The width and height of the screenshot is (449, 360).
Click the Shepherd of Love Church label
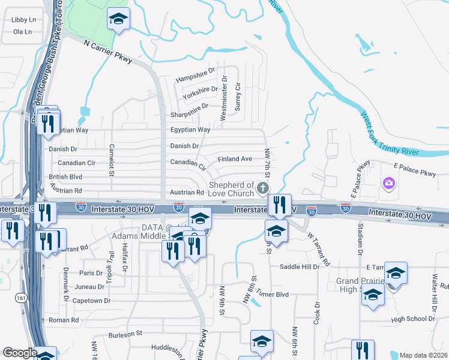[x=231, y=189]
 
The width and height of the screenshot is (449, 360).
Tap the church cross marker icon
[x=262, y=189]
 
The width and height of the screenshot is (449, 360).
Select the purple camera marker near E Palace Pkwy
[x=388, y=182]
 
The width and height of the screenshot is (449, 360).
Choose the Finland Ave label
[x=235, y=159]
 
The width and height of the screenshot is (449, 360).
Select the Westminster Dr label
[x=224, y=98]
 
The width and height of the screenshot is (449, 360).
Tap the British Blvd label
[x=65, y=178]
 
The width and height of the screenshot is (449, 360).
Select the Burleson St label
[x=125, y=332]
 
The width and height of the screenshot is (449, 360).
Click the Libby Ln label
[x=24, y=20]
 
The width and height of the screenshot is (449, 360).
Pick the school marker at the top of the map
[x=118, y=20]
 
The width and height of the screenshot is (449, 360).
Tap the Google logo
[x=20, y=353]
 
